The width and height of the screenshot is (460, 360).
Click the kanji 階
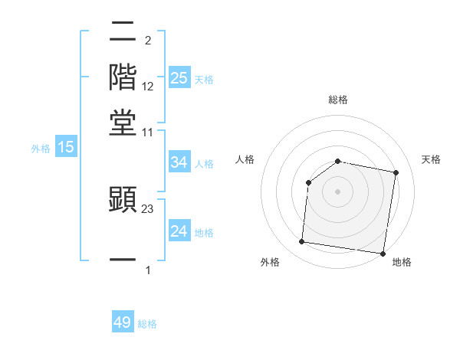coord(123,77)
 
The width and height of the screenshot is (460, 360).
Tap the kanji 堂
coord(123,123)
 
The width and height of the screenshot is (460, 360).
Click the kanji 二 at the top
coord(123,33)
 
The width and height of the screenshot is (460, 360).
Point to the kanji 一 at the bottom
coord(123,260)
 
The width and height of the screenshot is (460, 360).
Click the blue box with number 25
coord(179,77)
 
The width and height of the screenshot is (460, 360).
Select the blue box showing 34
coord(179,162)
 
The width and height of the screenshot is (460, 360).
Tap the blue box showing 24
coord(179,231)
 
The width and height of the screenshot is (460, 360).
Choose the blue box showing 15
coord(66,148)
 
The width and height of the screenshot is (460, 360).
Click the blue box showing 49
coord(123,322)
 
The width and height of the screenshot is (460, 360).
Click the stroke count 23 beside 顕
coord(148,208)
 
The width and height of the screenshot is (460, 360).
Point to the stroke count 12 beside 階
coord(148,86)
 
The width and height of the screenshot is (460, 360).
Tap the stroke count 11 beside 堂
coord(148,133)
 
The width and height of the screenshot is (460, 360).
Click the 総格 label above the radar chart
coord(338,100)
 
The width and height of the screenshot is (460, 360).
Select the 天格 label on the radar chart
coord(431,159)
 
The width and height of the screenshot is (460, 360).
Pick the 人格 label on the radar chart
coord(245,159)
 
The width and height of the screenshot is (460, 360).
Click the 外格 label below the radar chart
coord(270,262)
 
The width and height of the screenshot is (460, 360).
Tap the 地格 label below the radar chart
coord(402,262)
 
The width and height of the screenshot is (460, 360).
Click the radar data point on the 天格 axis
coord(396,173)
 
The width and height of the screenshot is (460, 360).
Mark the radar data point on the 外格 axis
coord(302,242)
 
